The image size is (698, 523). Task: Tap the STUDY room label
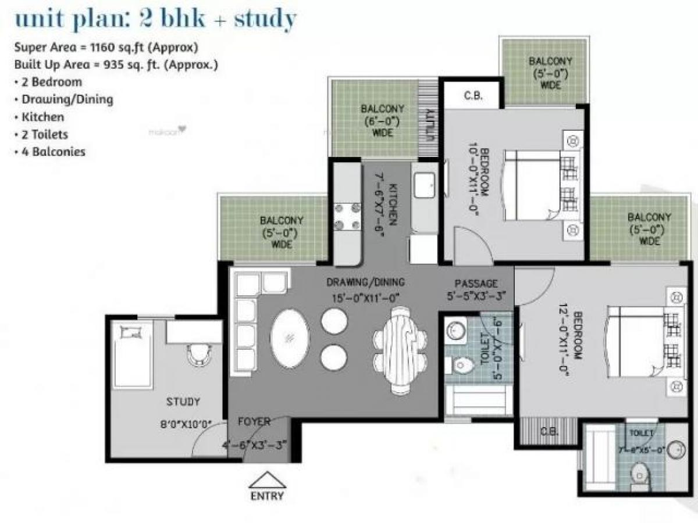tap(183, 402)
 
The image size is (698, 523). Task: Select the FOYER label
tap(254, 422)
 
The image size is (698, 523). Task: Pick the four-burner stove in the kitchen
tap(347, 217)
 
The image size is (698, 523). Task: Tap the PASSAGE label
tap(476, 284)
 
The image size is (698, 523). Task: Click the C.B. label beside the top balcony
tap(472, 96)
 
